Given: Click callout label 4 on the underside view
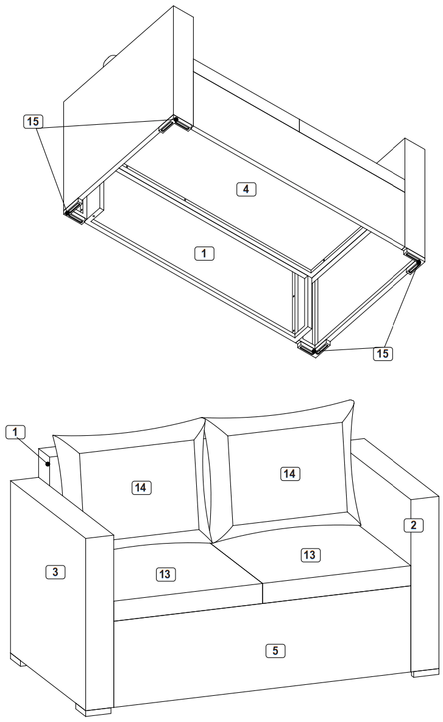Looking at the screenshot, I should [246, 189].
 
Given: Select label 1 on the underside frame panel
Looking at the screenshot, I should [204, 251].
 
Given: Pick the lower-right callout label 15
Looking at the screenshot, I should [383, 353].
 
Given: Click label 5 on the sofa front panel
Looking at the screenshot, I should [275, 651].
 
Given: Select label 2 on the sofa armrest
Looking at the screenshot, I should [414, 524].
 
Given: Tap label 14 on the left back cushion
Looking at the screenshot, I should [141, 486].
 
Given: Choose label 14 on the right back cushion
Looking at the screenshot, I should [291, 472].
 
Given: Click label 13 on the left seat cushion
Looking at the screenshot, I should [166, 573].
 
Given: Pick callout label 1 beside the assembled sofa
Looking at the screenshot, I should [16, 432].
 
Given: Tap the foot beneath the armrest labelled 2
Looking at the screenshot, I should [425, 673].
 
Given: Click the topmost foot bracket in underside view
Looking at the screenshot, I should [176, 124].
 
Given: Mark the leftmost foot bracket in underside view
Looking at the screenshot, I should [75, 212].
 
